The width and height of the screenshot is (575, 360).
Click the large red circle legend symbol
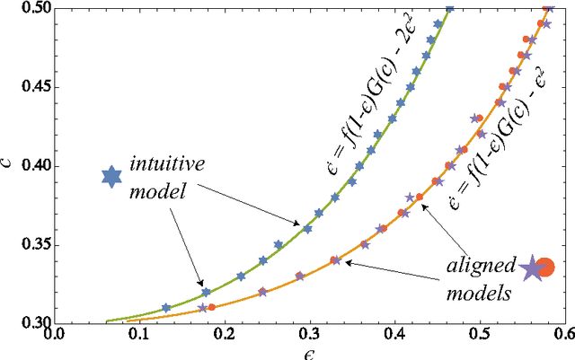[x=545, y=267]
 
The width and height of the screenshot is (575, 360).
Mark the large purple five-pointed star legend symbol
[x=531, y=267]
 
